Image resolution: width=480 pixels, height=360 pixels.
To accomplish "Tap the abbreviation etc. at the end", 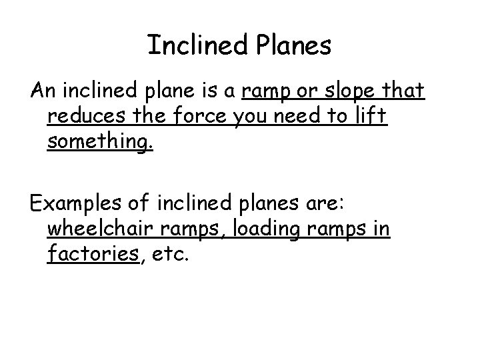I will click(170, 255).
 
